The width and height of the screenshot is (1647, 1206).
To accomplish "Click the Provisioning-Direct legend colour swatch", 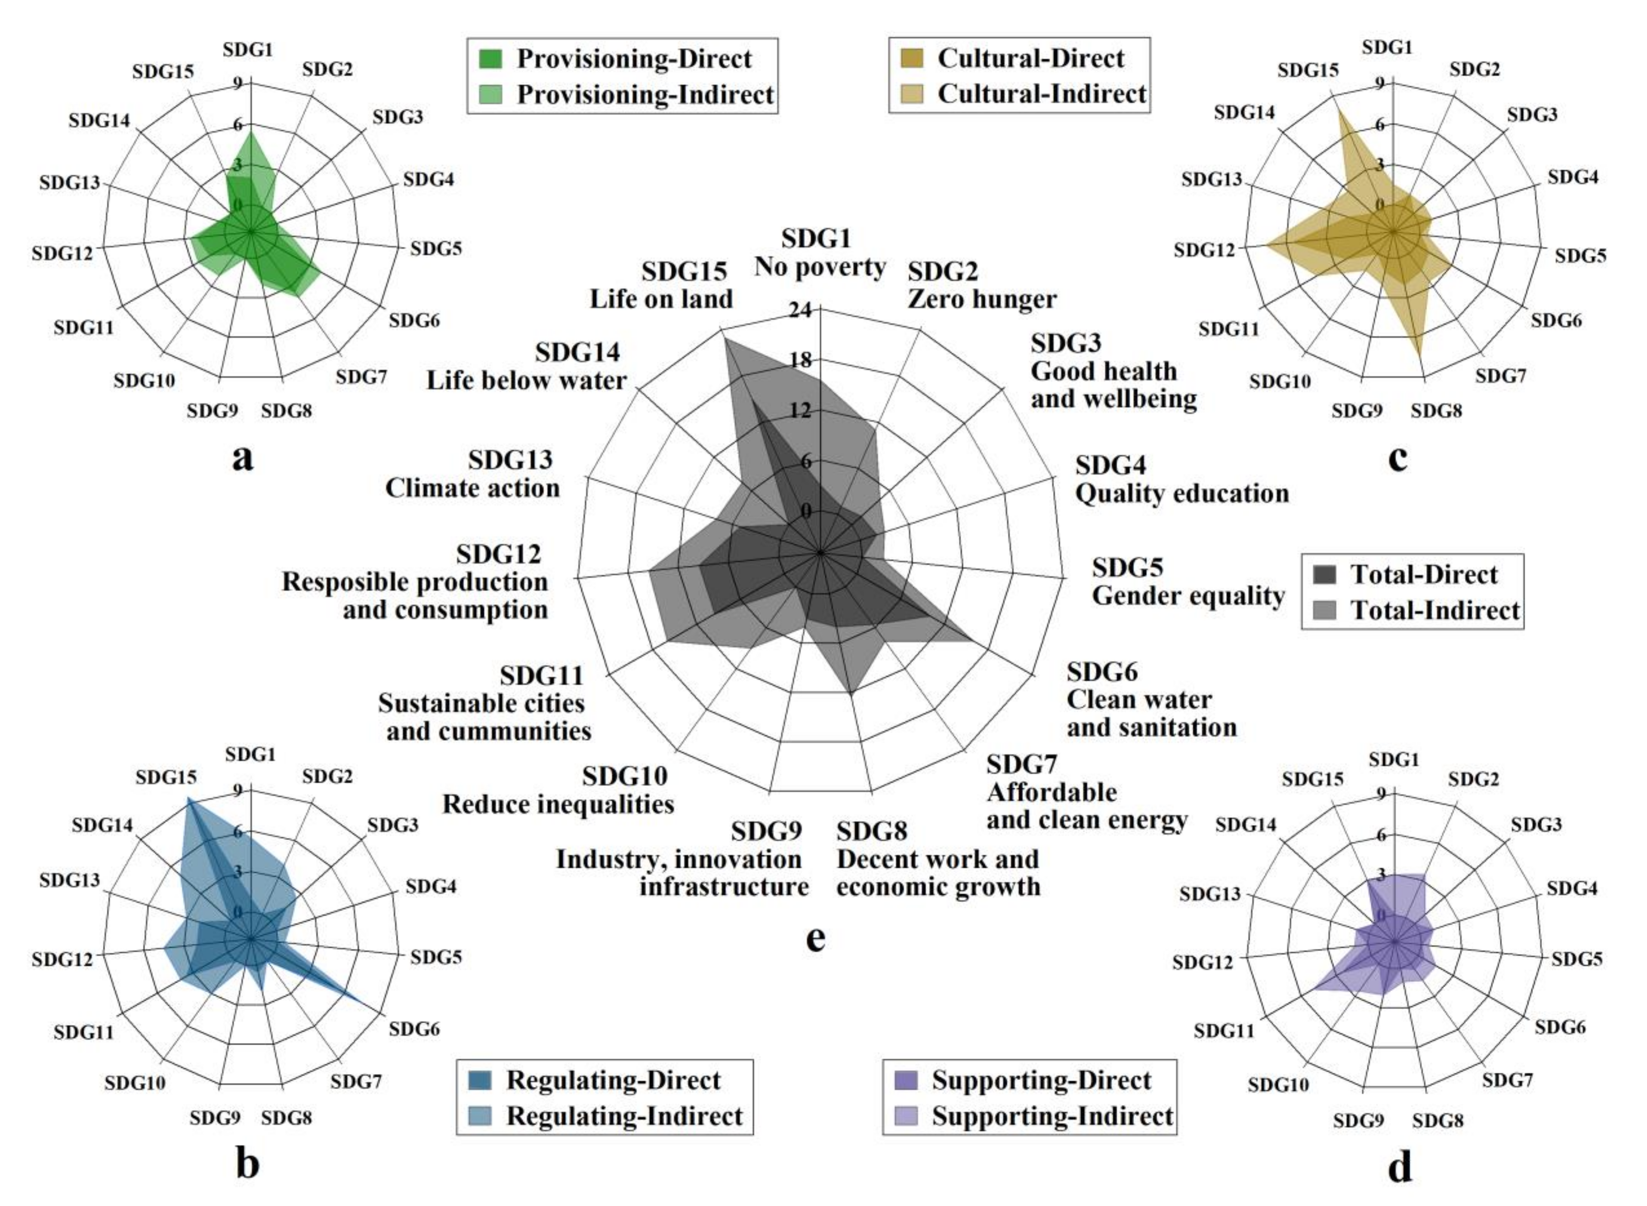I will [x=491, y=58].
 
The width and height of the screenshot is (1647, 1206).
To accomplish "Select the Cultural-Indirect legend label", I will [x=1042, y=94].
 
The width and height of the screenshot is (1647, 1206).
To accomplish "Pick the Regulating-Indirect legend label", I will [x=624, y=1116].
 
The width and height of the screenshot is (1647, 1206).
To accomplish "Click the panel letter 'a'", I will [x=243, y=458].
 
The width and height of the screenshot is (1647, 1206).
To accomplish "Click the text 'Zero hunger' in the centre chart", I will [x=982, y=299].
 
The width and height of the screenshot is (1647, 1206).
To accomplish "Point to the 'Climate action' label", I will [x=472, y=488].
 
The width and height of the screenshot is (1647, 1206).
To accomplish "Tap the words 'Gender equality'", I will [x=1188, y=596].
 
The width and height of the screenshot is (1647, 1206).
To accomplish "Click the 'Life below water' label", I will [x=527, y=381].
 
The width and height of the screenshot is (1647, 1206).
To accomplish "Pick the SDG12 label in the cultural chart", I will [x=1204, y=250].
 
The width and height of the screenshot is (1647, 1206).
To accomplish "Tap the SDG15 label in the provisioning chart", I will [x=163, y=71].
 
